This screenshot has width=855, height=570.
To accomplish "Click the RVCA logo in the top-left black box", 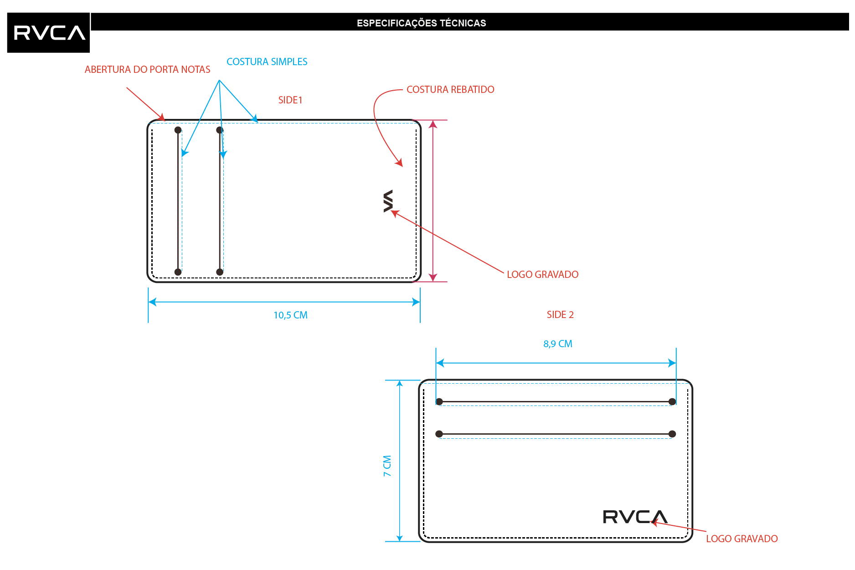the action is [x=49, y=33].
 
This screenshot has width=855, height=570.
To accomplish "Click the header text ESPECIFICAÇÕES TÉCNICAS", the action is [x=421, y=23].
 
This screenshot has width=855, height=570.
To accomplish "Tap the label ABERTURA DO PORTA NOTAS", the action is [x=147, y=69].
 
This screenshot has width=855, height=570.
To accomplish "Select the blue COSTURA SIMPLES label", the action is [x=267, y=62].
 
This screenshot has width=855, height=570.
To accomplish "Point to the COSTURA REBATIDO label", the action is [x=450, y=89].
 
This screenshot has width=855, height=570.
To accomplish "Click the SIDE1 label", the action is [x=290, y=100].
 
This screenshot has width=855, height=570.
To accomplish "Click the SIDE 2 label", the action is [x=560, y=314].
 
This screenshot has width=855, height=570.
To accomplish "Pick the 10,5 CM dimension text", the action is [x=290, y=315].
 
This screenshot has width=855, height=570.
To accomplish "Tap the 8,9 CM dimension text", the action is [x=557, y=344].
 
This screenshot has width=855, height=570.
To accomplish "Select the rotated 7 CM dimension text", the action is [x=387, y=466].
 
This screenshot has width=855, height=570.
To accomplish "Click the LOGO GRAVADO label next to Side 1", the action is [x=542, y=274].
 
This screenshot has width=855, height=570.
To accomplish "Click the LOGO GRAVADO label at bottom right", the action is [x=742, y=539].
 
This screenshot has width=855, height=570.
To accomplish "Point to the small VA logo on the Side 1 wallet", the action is [x=388, y=201].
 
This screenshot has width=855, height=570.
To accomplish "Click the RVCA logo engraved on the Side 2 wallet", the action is [x=635, y=517].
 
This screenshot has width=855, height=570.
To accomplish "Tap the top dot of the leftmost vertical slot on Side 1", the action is [x=178, y=130].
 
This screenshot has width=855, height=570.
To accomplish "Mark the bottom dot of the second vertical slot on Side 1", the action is [x=220, y=272].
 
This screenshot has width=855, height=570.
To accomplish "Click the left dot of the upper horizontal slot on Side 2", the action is [x=439, y=401].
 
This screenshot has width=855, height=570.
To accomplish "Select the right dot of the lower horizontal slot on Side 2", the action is [x=672, y=434].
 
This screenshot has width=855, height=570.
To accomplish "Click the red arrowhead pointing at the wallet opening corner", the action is [x=161, y=117].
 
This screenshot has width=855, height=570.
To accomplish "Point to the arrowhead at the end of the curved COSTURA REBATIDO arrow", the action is [x=399, y=163].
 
